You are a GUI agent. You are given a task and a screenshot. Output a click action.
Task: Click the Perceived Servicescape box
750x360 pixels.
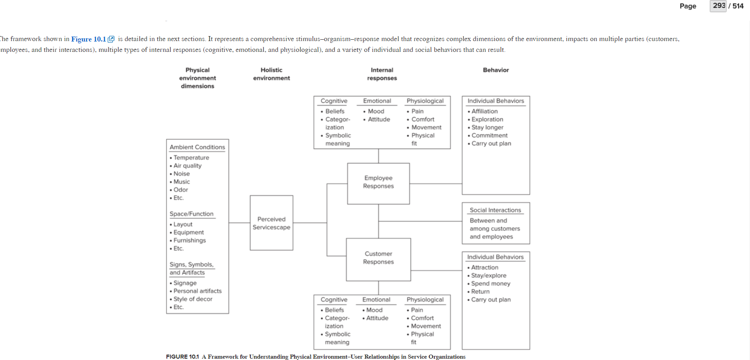[271, 223]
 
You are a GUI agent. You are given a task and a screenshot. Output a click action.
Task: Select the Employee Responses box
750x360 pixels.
[378, 182]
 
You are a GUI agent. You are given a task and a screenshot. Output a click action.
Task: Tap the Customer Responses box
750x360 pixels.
[378, 258]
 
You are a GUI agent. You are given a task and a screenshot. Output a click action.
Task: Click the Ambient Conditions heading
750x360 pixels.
[197, 147]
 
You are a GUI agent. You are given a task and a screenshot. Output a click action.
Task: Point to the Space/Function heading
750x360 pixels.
[192, 214]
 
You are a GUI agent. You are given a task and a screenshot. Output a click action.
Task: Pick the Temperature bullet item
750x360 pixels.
[191, 157]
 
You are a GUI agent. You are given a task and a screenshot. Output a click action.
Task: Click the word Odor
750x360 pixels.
[181, 190]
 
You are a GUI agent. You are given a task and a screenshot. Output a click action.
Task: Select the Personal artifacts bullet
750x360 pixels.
[198, 291]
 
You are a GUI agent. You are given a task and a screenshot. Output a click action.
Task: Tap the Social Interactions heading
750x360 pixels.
[495, 210]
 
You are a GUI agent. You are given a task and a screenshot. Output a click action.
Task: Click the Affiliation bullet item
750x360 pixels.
[484, 111]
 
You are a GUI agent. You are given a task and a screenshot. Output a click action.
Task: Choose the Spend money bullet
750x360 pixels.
[491, 284]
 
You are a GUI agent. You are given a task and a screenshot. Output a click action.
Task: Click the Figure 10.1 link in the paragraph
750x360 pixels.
[89, 39]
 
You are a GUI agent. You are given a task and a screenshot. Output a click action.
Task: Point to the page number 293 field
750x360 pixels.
[718, 6]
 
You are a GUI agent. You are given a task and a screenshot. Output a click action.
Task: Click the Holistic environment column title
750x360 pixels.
[271, 74]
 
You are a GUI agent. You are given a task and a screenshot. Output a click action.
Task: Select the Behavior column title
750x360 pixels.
[496, 70]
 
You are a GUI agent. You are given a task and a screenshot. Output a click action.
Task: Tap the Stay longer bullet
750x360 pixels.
[487, 128]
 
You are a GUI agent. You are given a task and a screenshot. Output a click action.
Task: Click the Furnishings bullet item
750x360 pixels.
[189, 240]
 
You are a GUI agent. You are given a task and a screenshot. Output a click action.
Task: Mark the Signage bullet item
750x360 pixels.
[185, 283]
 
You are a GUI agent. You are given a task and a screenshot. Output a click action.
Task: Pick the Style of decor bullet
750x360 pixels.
[193, 299]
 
